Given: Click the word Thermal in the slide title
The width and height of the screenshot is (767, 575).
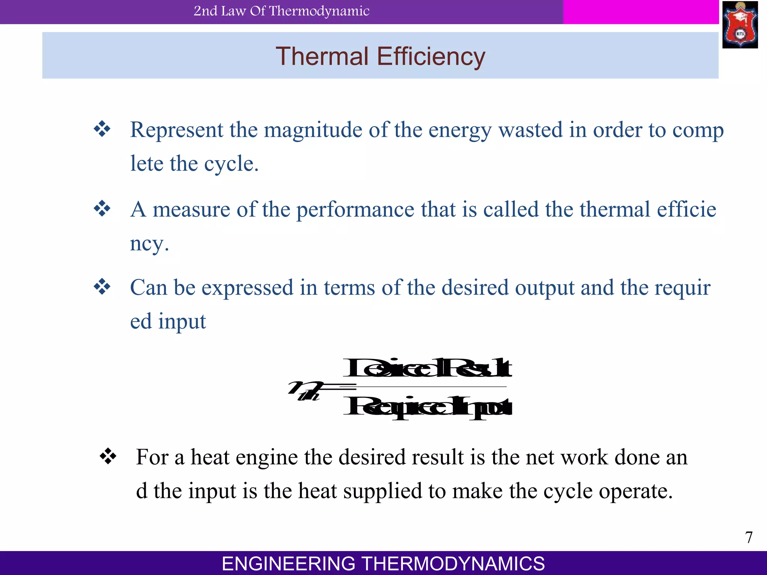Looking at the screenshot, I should point(322,57).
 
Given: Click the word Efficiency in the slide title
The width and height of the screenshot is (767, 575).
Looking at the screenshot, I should point(431,57).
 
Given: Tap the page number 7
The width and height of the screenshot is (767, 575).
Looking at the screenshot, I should point(749,538).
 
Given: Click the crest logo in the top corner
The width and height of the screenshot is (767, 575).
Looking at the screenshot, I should point(740,25).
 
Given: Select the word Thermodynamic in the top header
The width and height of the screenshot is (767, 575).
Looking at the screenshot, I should point(319,11).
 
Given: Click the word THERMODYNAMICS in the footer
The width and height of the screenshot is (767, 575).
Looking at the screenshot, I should point(454,563).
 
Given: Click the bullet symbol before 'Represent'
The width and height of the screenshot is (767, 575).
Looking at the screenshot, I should point(102,130).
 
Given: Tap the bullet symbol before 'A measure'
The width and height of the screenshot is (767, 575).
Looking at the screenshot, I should point(102,209).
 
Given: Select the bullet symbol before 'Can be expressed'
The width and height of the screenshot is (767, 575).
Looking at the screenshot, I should point(102,287).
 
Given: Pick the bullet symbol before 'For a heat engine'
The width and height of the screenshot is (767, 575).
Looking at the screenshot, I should point(108,456).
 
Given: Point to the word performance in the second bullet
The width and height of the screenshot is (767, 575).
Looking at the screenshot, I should point(355,209).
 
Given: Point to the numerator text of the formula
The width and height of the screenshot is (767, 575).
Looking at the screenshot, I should point(427,368).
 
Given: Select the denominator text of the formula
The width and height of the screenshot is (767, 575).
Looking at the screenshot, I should point(427,407).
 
